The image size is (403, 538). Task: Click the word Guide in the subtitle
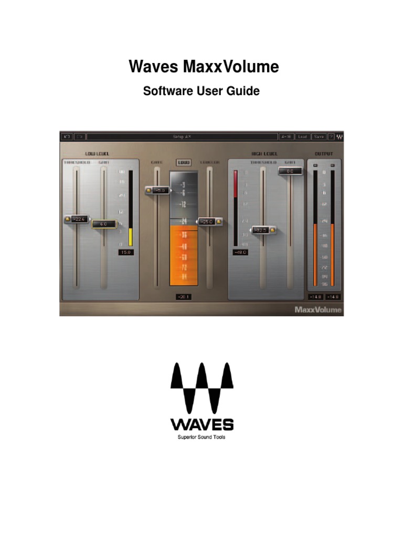point(243,91)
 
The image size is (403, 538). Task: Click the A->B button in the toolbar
point(286,137)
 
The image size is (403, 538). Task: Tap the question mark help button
point(331,137)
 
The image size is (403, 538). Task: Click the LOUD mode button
point(184,162)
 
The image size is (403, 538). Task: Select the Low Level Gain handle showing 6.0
point(103,224)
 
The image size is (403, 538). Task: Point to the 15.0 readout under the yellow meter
point(126,252)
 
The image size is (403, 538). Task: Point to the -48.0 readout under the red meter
point(240,252)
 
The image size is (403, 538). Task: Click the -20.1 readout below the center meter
point(184,297)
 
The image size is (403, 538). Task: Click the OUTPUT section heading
point(324,153)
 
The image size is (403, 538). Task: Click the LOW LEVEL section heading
point(98,153)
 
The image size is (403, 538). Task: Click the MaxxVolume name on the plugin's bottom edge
point(318,309)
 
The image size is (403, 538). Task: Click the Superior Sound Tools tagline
point(201,437)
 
